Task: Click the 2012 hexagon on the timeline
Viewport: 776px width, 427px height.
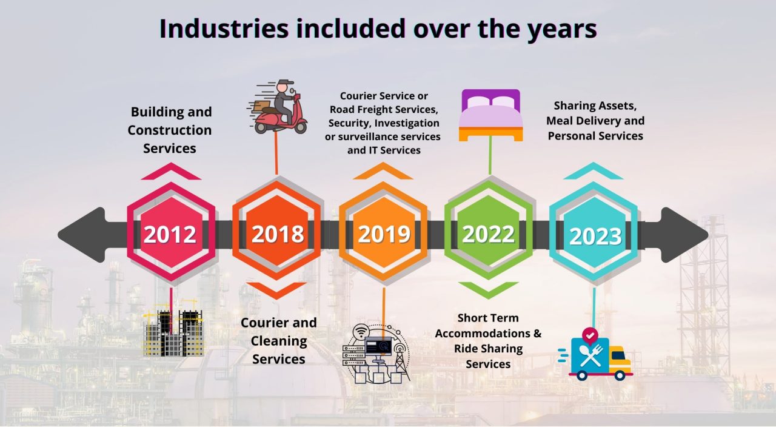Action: (170, 234)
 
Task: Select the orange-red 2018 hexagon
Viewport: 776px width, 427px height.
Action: (277, 234)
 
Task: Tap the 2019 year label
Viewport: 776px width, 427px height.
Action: (384, 234)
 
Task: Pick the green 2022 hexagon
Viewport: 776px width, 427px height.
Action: (489, 234)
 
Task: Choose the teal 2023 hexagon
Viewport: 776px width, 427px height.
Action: (595, 235)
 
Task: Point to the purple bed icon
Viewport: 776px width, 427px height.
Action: (490, 115)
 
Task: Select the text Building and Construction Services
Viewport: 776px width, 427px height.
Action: (170, 130)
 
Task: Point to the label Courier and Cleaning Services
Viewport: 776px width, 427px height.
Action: (278, 341)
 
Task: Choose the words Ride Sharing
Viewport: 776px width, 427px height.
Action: (488, 349)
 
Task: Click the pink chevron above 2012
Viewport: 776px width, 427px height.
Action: (170, 172)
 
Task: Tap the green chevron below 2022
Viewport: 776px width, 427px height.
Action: (489, 289)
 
